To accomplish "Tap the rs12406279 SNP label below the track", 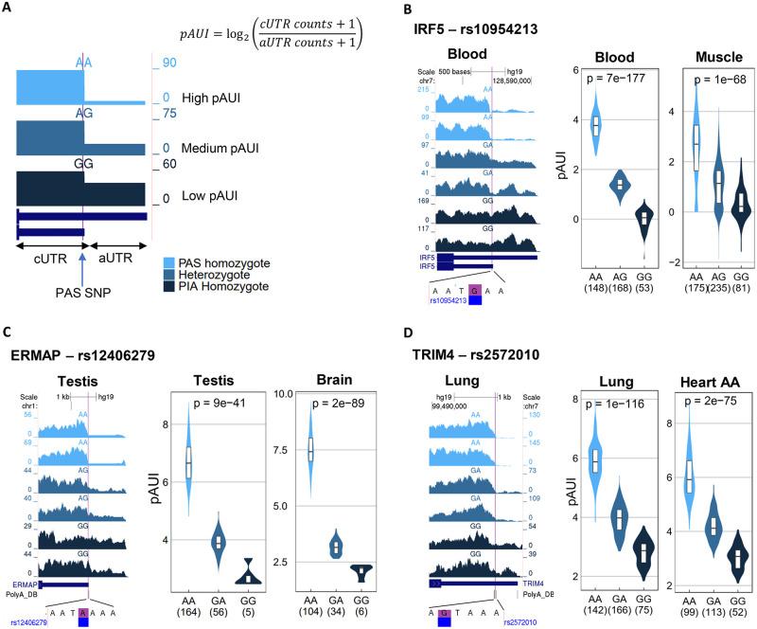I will (34, 621).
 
